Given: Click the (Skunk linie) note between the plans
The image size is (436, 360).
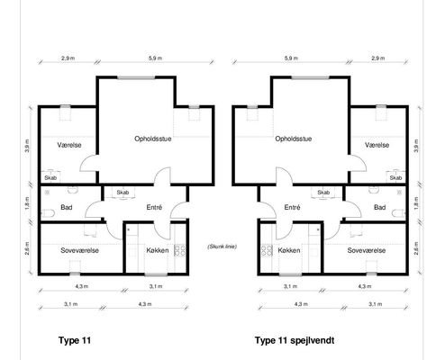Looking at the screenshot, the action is tap(222, 247).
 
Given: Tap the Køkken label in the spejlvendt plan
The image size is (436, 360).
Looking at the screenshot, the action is tap(289, 250).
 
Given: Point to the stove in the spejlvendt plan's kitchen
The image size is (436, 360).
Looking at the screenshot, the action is tap(267, 250).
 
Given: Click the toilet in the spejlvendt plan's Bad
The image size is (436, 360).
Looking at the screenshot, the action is tap(398, 213).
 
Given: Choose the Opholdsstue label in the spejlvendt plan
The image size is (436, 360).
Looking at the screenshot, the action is tap(294, 139).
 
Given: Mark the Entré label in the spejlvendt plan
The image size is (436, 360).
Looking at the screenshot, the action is tap(292, 207).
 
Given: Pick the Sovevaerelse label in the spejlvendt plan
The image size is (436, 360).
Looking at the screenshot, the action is tap(367, 250).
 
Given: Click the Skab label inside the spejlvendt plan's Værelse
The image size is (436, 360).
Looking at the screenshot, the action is tap(395, 178).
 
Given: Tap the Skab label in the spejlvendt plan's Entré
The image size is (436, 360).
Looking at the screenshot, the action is tap(323, 193).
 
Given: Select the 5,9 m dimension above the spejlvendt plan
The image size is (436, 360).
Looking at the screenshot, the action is tap(291, 58).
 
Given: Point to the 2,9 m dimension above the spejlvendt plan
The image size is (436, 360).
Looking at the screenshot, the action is tap(377, 58).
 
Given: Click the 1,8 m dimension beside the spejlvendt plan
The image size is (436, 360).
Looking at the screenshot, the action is tap(416, 203).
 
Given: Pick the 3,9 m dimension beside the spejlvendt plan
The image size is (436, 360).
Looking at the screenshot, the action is tap(416, 146).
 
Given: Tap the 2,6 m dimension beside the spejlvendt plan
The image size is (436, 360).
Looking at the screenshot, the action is tap(416, 248).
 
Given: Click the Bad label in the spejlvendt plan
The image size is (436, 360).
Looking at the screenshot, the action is tap(379, 207).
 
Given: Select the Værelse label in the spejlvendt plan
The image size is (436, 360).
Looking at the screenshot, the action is tap(377, 145).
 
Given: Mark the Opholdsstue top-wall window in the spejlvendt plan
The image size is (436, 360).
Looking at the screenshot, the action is tap(310, 77).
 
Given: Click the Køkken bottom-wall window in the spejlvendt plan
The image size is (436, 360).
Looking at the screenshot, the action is tap(290, 274).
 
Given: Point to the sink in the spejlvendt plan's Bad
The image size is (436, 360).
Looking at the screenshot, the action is tap(373, 190).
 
